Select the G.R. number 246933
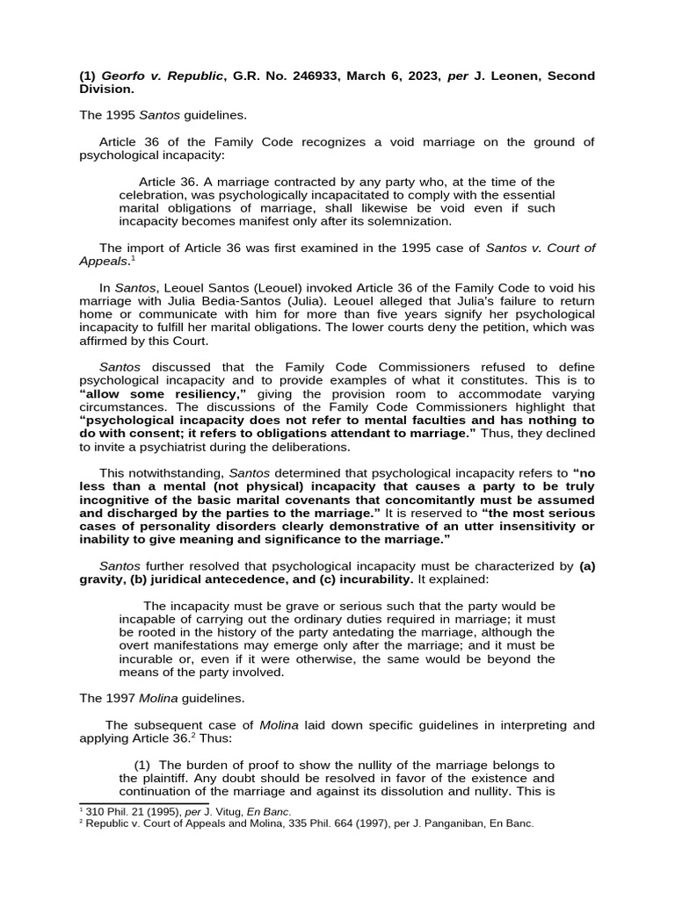pos(314,76)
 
